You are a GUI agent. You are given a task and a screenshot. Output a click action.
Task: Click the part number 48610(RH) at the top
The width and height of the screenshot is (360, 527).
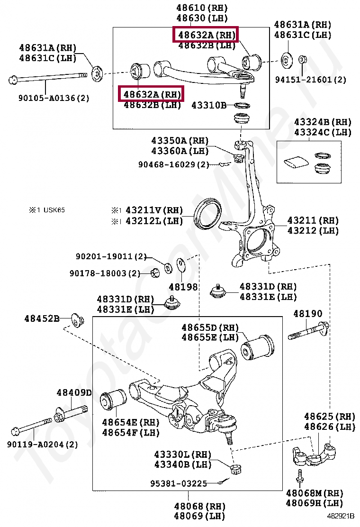[202, 8]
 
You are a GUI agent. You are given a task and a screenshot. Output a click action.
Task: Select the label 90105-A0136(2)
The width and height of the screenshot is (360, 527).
[54, 99]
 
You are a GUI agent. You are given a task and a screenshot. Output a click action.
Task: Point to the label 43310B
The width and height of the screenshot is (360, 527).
[209, 105]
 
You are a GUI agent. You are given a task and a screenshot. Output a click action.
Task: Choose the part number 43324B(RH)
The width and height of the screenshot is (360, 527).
[323, 122]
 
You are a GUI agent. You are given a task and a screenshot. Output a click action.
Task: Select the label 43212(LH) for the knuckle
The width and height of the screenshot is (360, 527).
[313, 231]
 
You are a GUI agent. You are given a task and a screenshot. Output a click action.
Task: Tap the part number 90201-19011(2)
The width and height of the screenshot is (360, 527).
[111, 256]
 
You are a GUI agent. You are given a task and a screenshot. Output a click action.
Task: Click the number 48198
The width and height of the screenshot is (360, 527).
[183, 287]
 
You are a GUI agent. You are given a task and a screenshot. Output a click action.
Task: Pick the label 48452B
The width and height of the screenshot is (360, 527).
[42, 318]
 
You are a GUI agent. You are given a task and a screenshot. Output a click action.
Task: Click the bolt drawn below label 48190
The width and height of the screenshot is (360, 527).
[308, 330]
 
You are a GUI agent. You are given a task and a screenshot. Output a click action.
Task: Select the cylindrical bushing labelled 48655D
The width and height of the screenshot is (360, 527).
[258, 348]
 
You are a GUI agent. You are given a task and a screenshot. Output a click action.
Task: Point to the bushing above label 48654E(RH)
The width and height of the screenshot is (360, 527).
[114, 400]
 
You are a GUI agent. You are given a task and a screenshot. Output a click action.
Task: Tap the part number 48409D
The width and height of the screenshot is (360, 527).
[74, 392]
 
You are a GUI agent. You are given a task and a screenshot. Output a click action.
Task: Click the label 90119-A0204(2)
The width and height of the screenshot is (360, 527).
[43, 445]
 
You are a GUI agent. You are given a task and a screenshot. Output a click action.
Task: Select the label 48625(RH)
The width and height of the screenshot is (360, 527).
[329, 417]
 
